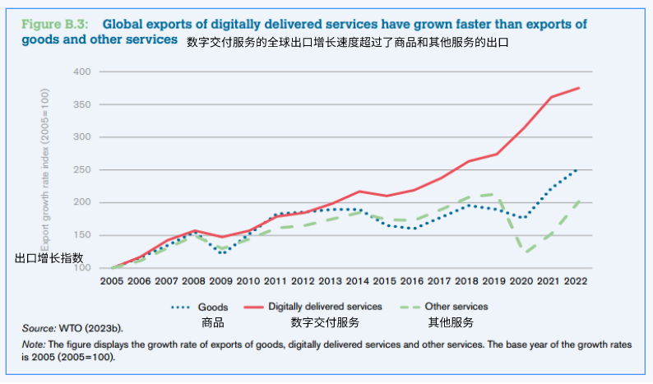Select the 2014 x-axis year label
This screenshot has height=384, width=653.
[359, 280]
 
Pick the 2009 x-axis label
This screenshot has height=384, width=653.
[220, 280]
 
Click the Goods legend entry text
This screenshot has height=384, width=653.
[213, 307]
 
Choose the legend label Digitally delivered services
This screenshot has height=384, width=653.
[325, 307]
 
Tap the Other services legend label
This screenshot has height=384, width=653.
[456, 307]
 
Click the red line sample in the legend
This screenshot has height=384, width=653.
[252, 307]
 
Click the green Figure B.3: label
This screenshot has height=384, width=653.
[55, 24]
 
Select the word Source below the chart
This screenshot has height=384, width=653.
[38, 328]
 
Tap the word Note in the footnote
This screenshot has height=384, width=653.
[32, 345]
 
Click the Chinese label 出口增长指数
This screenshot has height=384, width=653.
[49, 257]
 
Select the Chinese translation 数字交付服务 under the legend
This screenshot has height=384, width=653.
[325, 322]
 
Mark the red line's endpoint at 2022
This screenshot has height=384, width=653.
[579, 88]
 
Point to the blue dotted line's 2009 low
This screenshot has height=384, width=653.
[220, 252]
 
